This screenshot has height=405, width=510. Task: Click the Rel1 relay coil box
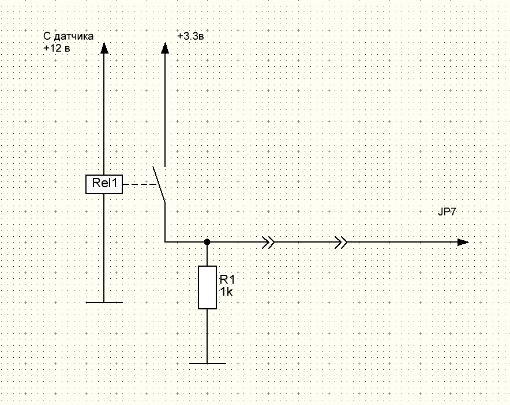[x=104, y=184]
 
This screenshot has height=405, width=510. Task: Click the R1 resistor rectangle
[x=207, y=287]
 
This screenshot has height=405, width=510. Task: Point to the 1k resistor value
[x=226, y=293]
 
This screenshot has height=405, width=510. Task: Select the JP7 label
[x=447, y=212]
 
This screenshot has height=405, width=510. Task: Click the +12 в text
[x=57, y=49]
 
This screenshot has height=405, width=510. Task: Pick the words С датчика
[x=68, y=36]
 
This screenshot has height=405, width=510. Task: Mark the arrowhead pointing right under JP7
[x=462, y=242]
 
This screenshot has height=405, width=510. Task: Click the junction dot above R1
[x=207, y=242]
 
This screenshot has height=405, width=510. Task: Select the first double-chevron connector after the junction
[x=268, y=242]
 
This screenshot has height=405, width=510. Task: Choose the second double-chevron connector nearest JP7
[x=342, y=242]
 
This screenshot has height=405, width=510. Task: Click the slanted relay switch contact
[x=159, y=184]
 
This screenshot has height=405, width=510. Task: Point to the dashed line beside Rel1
[x=140, y=184]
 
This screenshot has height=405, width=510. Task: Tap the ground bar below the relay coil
[x=104, y=302]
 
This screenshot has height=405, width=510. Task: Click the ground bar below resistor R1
[x=207, y=364]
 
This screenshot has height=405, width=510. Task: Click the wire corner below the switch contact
[x=166, y=242]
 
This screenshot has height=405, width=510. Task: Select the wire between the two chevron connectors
[x=305, y=242]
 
